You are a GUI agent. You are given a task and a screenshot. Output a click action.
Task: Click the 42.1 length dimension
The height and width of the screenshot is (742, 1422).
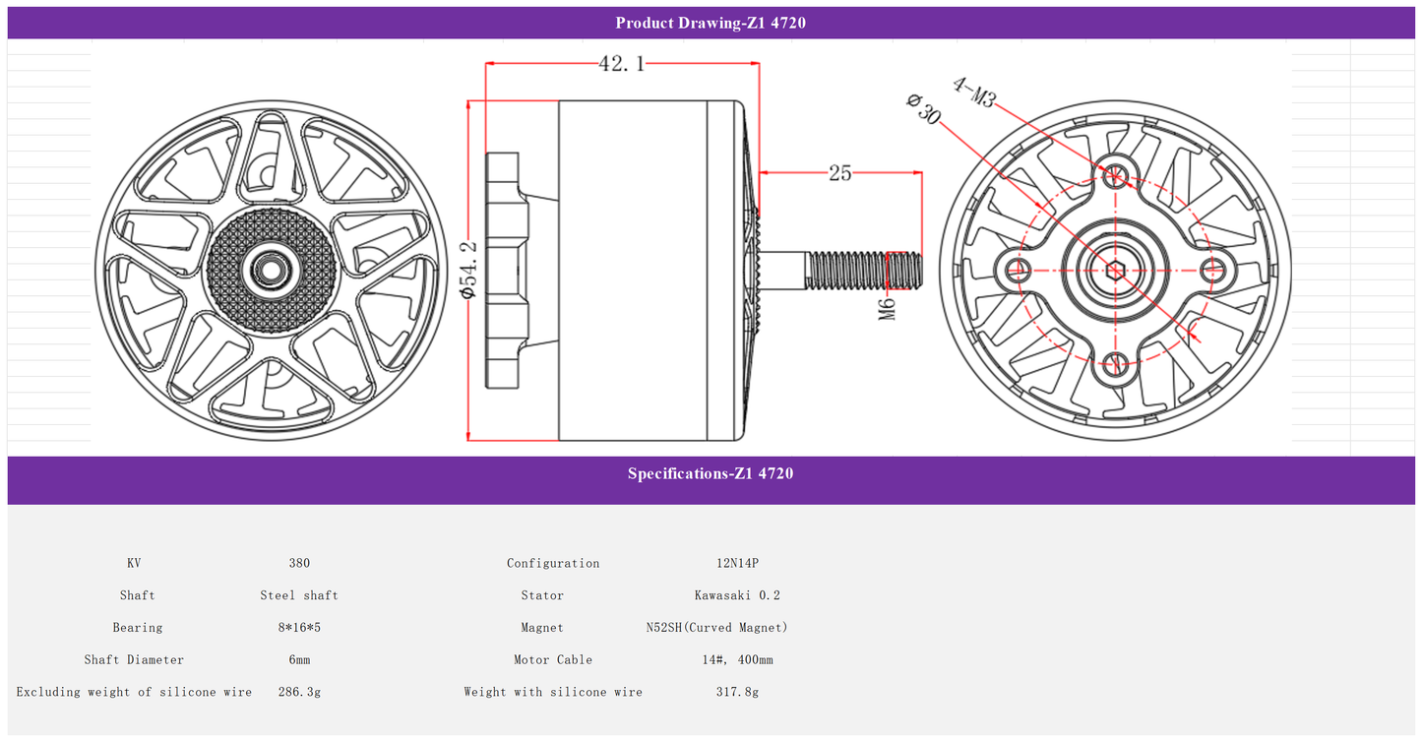coord(622,63)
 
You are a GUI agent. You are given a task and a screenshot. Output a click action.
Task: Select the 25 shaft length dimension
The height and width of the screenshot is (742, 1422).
coord(839,172)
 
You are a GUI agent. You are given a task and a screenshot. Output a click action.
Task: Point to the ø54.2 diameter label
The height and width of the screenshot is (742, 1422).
coord(468,269)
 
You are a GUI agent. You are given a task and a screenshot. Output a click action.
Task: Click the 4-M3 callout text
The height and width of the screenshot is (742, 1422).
coord(974,93)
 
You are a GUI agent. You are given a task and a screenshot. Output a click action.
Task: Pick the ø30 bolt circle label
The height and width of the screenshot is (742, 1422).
coord(924,108)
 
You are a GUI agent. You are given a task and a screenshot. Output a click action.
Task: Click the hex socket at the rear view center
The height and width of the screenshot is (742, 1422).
coord(1115,271)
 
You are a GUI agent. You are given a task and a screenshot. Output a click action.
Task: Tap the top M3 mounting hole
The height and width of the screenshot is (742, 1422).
coord(1115,174)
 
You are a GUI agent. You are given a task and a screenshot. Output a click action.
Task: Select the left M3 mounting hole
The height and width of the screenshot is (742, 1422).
coord(1019,270)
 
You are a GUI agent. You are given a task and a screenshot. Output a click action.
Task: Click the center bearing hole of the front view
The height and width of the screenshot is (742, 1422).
coord(271,271)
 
